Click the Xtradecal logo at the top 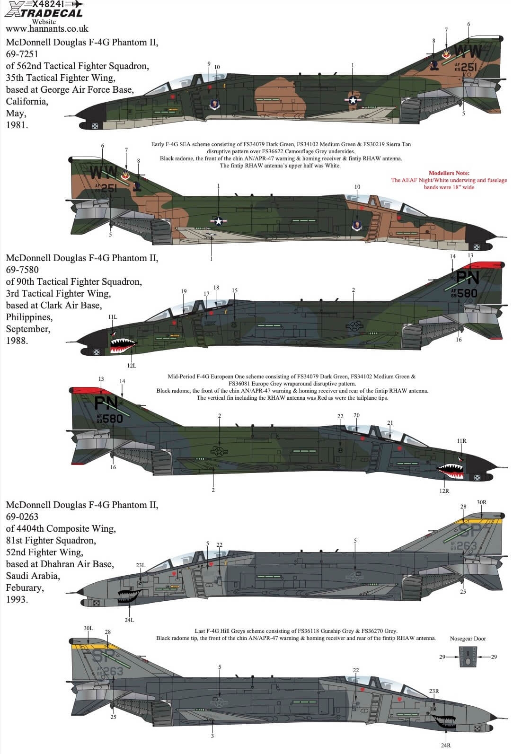click(45, 9)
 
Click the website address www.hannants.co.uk click(47, 29)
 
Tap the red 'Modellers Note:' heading click(449, 173)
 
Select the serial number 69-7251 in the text click(22, 54)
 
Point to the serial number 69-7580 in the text click(22, 270)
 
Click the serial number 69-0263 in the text click(22, 517)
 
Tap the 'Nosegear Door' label click(468, 639)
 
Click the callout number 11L click(113, 317)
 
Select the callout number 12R click(444, 491)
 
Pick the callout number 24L click(129, 620)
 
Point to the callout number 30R click(481, 502)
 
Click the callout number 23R click(433, 691)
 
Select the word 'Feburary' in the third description click(25, 587)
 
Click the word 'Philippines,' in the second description click(29, 317)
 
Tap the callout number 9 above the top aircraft click(209, 64)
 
